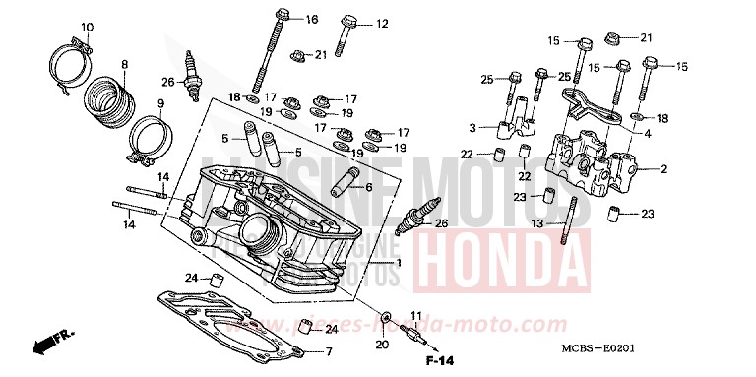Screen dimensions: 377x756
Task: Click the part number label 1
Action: [x=398, y=263]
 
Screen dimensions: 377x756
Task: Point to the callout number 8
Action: [x=124, y=65]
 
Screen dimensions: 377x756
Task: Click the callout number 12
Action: [x=382, y=24]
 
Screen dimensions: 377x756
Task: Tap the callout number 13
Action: [x=535, y=224]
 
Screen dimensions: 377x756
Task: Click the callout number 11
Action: [x=415, y=316]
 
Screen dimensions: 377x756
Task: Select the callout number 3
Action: [x=472, y=128]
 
